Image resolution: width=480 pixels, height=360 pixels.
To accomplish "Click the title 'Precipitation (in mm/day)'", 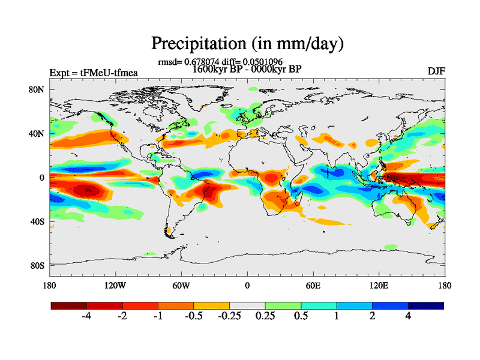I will click(247, 43).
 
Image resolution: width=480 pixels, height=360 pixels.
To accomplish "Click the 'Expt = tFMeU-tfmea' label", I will click(94, 73).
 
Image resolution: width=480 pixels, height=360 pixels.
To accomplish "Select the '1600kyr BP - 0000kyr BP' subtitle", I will click(246, 68).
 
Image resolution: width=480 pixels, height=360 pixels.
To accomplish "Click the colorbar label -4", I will click(86, 317).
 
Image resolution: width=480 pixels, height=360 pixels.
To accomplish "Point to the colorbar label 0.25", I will click(265, 317).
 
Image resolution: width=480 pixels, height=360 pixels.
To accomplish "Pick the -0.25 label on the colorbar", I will click(229, 317).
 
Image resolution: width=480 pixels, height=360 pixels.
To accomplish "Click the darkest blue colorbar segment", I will click(425, 305).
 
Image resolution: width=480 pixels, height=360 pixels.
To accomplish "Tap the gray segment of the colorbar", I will click(247, 305).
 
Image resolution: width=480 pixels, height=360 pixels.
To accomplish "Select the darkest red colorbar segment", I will click(68, 305).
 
